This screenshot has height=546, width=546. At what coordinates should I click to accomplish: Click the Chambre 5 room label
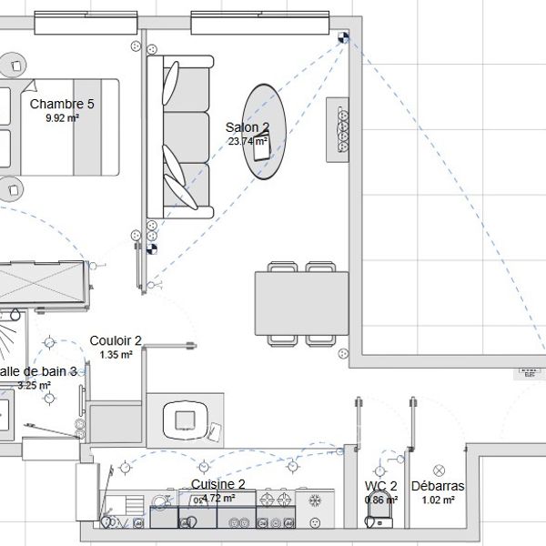[62, 104]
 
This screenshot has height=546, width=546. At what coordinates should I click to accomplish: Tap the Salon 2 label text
[248, 127]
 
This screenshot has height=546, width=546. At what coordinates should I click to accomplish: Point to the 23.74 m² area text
[247, 141]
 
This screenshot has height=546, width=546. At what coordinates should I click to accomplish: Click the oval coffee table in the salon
[265, 132]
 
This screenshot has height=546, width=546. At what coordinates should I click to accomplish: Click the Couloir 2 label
[116, 340]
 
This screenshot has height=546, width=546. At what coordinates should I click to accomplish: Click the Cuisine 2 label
[218, 484]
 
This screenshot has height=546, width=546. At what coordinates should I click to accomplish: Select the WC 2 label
[381, 486]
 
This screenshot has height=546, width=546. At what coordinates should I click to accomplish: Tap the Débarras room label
[438, 486]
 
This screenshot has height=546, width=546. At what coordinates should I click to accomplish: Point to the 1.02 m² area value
[438, 500]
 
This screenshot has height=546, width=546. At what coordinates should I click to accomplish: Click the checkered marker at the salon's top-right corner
[343, 38]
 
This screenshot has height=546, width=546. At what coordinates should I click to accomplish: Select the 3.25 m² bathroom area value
[35, 385]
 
